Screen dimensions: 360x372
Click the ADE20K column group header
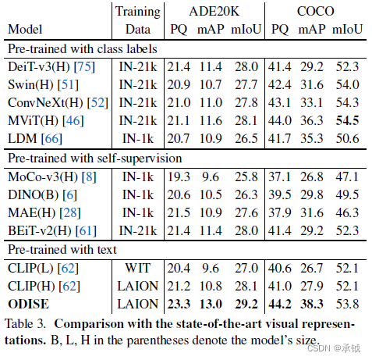pyautogui.click(x=213, y=12)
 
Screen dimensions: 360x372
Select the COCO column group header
pyautogui.click(x=316, y=12)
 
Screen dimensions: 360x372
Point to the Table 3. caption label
pyautogui.click(x=27, y=323)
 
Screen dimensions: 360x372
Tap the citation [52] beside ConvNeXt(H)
pyautogui.click(x=87, y=103)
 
